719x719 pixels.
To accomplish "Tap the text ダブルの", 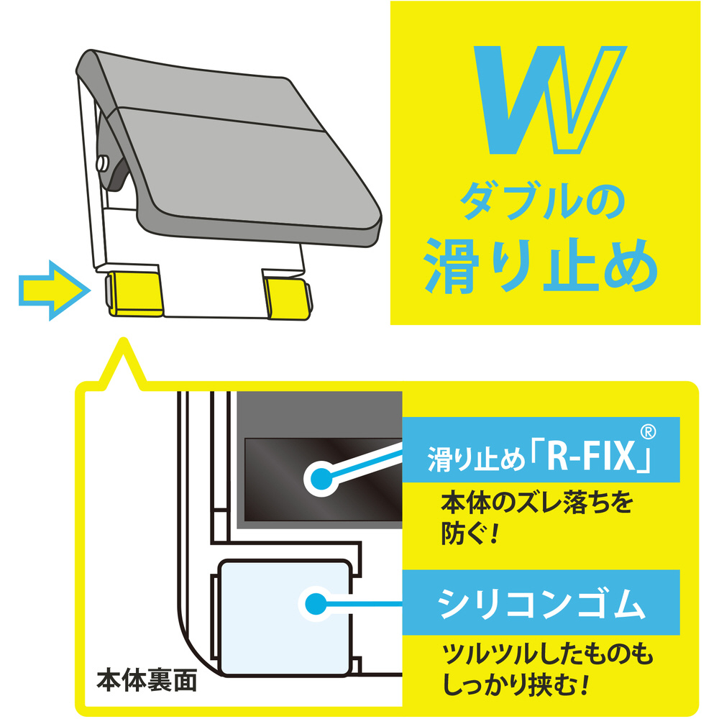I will [x=543, y=203].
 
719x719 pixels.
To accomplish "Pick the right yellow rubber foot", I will [x=286, y=296].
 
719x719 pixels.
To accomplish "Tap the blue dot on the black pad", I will [x=321, y=476].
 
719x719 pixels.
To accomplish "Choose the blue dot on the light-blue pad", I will [x=314, y=603].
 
